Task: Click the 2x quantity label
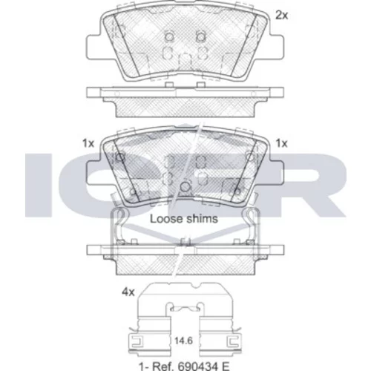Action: click(282, 16)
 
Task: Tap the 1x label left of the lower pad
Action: click(88, 143)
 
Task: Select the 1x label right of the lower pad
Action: click(282, 143)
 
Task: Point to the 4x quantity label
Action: click(128, 292)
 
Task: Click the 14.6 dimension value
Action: click(183, 341)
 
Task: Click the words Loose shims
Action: click(184, 219)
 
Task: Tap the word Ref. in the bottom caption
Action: click(162, 366)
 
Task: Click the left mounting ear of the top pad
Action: click(94, 47)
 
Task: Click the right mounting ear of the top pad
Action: click(276, 47)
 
